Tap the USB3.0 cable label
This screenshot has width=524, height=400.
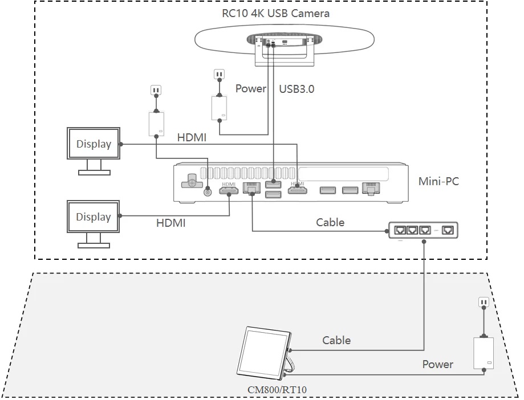[296, 89]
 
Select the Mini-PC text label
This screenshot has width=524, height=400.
[438, 182]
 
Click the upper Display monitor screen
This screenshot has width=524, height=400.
[94, 144]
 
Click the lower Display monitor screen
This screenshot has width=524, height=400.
[94, 217]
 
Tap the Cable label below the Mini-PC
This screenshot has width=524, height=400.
[330, 222]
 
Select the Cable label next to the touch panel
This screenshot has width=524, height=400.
[336, 340]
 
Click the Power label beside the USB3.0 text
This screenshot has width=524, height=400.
[251, 89]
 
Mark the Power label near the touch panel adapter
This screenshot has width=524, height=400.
[438, 364]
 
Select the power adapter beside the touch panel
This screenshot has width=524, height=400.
[484, 353]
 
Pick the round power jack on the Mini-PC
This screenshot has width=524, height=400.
[208, 191]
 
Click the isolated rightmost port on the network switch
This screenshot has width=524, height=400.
[449, 230]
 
